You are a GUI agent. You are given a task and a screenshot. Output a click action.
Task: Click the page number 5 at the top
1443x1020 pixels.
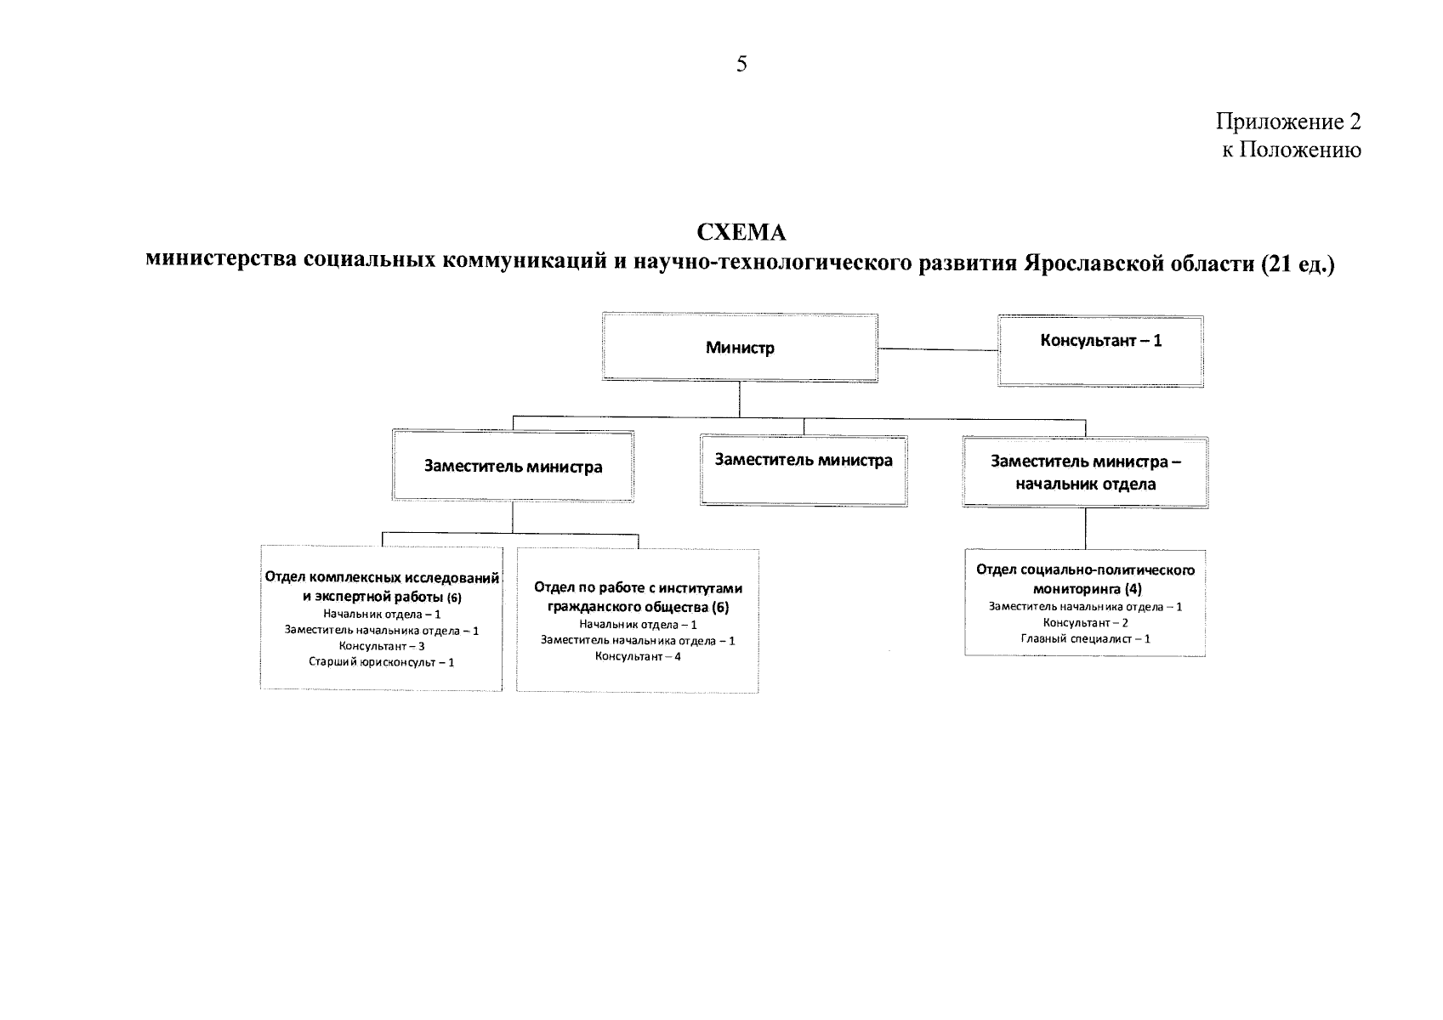741,64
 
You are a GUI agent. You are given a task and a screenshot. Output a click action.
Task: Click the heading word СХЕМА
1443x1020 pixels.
741,232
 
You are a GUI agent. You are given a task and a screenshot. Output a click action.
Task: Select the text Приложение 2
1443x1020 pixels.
1288,122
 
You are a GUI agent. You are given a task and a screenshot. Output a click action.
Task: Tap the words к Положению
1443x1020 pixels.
1292,150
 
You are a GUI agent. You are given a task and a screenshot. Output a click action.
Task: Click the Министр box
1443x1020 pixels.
740,348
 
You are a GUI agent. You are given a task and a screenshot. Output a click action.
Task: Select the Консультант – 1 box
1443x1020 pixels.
1101,351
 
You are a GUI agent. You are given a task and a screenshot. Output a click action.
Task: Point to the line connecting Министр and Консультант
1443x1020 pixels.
938,349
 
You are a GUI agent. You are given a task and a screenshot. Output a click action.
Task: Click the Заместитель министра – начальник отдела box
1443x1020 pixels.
1086,472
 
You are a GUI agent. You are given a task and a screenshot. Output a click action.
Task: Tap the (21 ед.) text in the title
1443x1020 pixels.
1298,263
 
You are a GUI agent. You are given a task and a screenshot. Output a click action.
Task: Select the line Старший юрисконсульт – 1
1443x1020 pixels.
381,662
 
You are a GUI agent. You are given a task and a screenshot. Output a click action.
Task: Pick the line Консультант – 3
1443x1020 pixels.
382,646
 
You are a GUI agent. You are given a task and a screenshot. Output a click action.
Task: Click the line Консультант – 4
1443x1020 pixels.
638,656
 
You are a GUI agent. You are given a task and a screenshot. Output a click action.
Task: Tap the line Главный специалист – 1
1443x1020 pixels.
1086,639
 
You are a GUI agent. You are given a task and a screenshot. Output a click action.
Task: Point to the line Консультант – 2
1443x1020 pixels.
1086,623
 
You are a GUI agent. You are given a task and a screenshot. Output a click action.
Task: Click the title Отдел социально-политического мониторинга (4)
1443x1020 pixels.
1086,579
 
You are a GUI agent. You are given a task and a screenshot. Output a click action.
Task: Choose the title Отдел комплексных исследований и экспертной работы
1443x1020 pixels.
382,586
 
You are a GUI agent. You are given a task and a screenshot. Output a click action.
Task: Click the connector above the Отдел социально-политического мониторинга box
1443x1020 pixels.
1086,529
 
